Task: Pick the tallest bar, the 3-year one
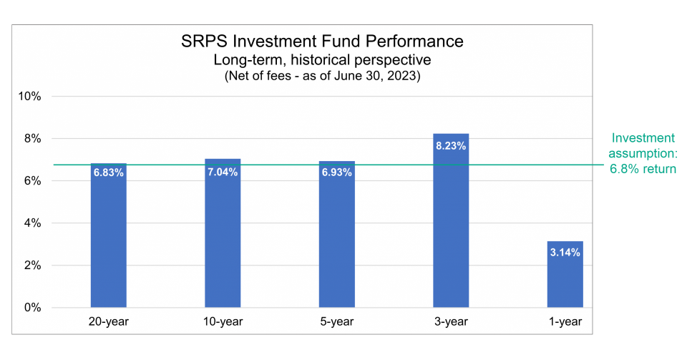[x=451, y=229]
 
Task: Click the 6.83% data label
[x=108, y=172]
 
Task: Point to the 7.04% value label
[x=223, y=172]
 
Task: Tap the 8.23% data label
[x=451, y=146]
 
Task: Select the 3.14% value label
[x=565, y=253]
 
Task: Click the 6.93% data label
[x=337, y=172]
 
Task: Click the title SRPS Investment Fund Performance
[x=322, y=42]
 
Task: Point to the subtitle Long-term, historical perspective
[x=322, y=60]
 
